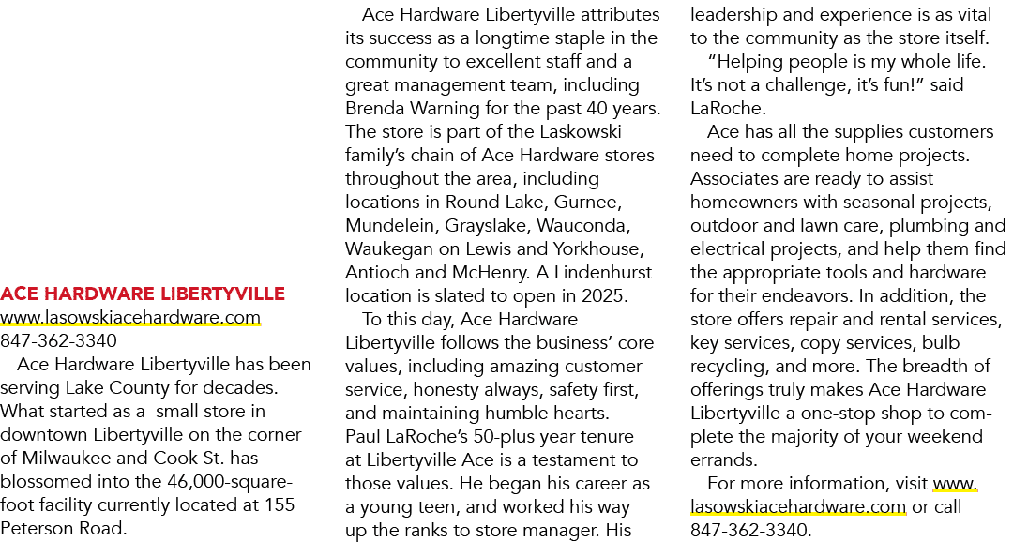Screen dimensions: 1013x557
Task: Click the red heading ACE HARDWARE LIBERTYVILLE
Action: point(143,294)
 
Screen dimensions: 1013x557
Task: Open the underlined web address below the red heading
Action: point(130,318)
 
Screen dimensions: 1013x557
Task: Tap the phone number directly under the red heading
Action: point(59,341)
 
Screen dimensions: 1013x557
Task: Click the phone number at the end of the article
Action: point(749,531)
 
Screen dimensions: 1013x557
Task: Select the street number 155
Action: point(280,504)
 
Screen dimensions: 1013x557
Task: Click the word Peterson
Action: point(37,529)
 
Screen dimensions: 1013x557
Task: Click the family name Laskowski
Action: point(581,132)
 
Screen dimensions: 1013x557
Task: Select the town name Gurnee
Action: point(587,203)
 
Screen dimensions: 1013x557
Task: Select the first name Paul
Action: point(362,436)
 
